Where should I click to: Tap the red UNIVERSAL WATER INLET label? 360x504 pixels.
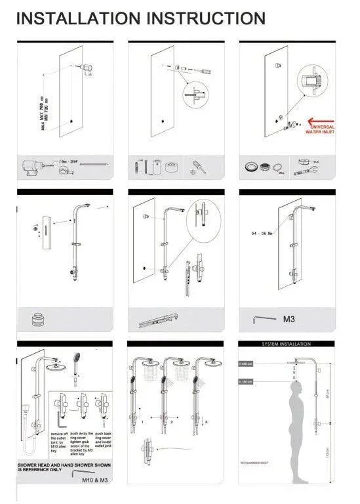(x=321, y=129)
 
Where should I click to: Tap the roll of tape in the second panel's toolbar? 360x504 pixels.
(x=174, y=165)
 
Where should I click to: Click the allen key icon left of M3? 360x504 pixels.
(x=264, y=320)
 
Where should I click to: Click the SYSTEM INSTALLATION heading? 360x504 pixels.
(x=287, y=344)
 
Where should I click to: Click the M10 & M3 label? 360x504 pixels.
(x=94, y=481)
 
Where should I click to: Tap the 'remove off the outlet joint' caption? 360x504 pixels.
(x=59, y=443)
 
